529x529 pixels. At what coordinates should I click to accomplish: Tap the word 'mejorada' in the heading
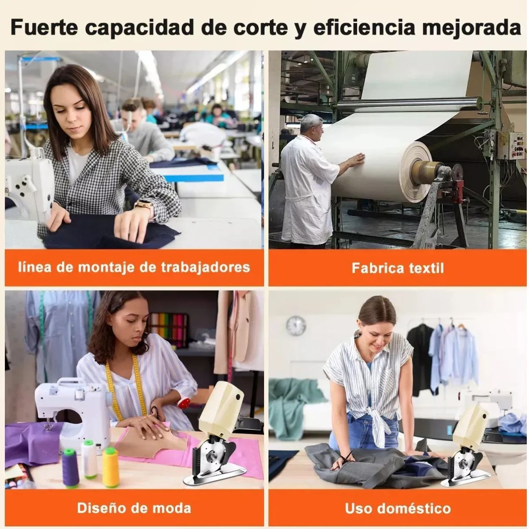pyautogui.click(x=472, y=28)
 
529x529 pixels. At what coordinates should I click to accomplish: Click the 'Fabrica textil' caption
pyautogui.click(x=398, y=268)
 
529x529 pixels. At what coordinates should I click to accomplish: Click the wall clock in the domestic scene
pyautogui.click(x=296, y=326)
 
